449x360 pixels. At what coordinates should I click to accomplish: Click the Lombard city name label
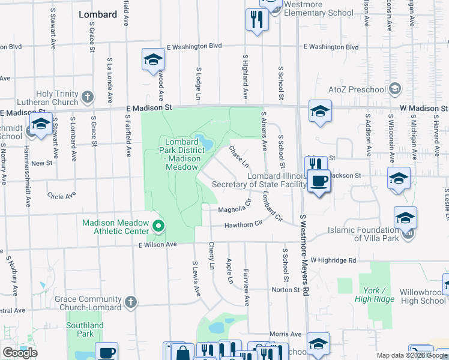pyautogui.click(x=97, y=14)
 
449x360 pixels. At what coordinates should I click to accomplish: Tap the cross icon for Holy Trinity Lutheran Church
pyautogui.click(x=88, y=97)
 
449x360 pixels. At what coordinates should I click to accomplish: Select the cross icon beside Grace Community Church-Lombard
pyautogui.click(x=131, y=302)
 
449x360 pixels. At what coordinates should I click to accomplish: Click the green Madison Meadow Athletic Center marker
pyautogui.click(x=158, y=226)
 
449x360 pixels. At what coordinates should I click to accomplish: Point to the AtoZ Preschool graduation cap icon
pyautogui.click(x=394, y=89)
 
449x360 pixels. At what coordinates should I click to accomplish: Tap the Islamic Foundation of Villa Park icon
pyautogui.click(x=408, y=233)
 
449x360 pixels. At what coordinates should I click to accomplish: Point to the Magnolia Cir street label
pyautogui.click(x=233, y=209)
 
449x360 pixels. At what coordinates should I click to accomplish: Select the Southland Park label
pyautogui.click(x=85, y=329)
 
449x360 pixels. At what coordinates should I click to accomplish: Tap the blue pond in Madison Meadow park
pyautogui.click(x=206, y=143)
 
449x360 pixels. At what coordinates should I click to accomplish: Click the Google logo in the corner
pyautogui.click(x=20, y=353)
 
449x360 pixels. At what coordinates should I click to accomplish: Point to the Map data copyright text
pyautogui.click(x=412, y=355)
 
